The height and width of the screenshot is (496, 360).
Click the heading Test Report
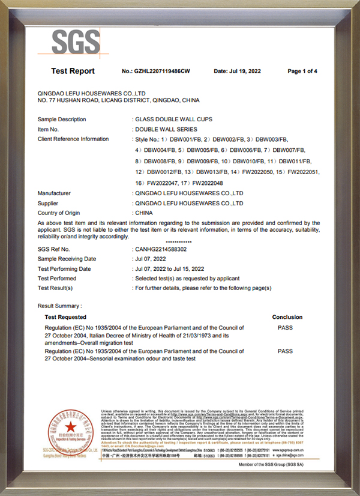[73, 71]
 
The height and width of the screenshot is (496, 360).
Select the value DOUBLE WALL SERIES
[166, 129]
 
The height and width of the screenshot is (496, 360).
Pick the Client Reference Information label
[73, 139]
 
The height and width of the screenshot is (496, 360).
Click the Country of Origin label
[59, 213]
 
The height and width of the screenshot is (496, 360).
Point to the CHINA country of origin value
[144, 213]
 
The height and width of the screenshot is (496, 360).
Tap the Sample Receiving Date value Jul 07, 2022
[151, 258]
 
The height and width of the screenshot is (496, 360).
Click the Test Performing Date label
[64, 268]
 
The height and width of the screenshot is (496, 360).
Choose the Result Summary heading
[60, 306]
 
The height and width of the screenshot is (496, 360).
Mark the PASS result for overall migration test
[285, 328]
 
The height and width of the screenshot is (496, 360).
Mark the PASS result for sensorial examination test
[285, 351]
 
